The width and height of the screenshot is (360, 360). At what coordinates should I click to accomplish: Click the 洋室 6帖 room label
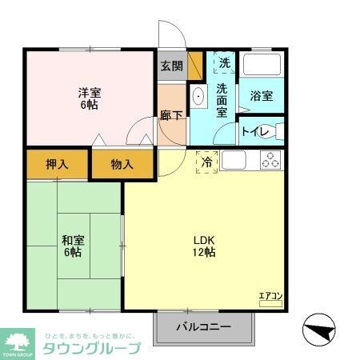(88, 98)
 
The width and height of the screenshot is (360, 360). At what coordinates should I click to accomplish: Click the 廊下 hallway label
(171, 115)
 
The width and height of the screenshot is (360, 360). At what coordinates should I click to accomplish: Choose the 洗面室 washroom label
(224, 101)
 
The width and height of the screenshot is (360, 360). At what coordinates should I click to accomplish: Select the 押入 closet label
(56, 165)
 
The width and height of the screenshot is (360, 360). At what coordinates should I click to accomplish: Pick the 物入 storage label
(122, 165)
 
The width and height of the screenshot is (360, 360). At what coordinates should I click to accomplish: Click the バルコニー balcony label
(203, 327)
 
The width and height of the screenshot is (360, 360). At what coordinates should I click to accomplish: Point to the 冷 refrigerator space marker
(207, 162)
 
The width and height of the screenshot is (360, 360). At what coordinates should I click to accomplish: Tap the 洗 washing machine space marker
(224, 62)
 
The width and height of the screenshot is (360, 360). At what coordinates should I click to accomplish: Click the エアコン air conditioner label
(270, 297)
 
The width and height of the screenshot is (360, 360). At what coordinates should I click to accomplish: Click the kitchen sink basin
(234, 160)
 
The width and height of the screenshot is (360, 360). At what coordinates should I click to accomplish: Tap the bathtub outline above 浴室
(262, 66)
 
